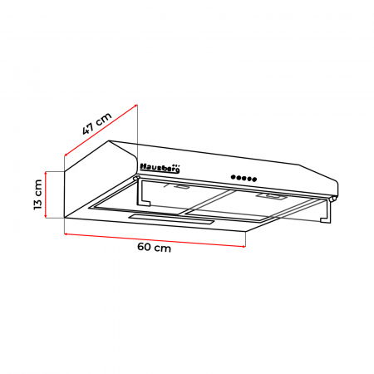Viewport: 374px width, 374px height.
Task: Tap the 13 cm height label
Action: click(37, 194)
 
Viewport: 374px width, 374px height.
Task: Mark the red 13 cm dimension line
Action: click(48, 194)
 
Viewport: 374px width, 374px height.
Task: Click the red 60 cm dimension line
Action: click(155, 236)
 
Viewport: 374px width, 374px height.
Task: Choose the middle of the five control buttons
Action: click(244, 177)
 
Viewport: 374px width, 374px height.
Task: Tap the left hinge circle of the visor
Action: click(136, 178)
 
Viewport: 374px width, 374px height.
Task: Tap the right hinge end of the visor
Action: click(334, 198)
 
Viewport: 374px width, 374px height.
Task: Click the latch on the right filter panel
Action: click(272, 197)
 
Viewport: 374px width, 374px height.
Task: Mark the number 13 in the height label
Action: click(37, 201)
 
